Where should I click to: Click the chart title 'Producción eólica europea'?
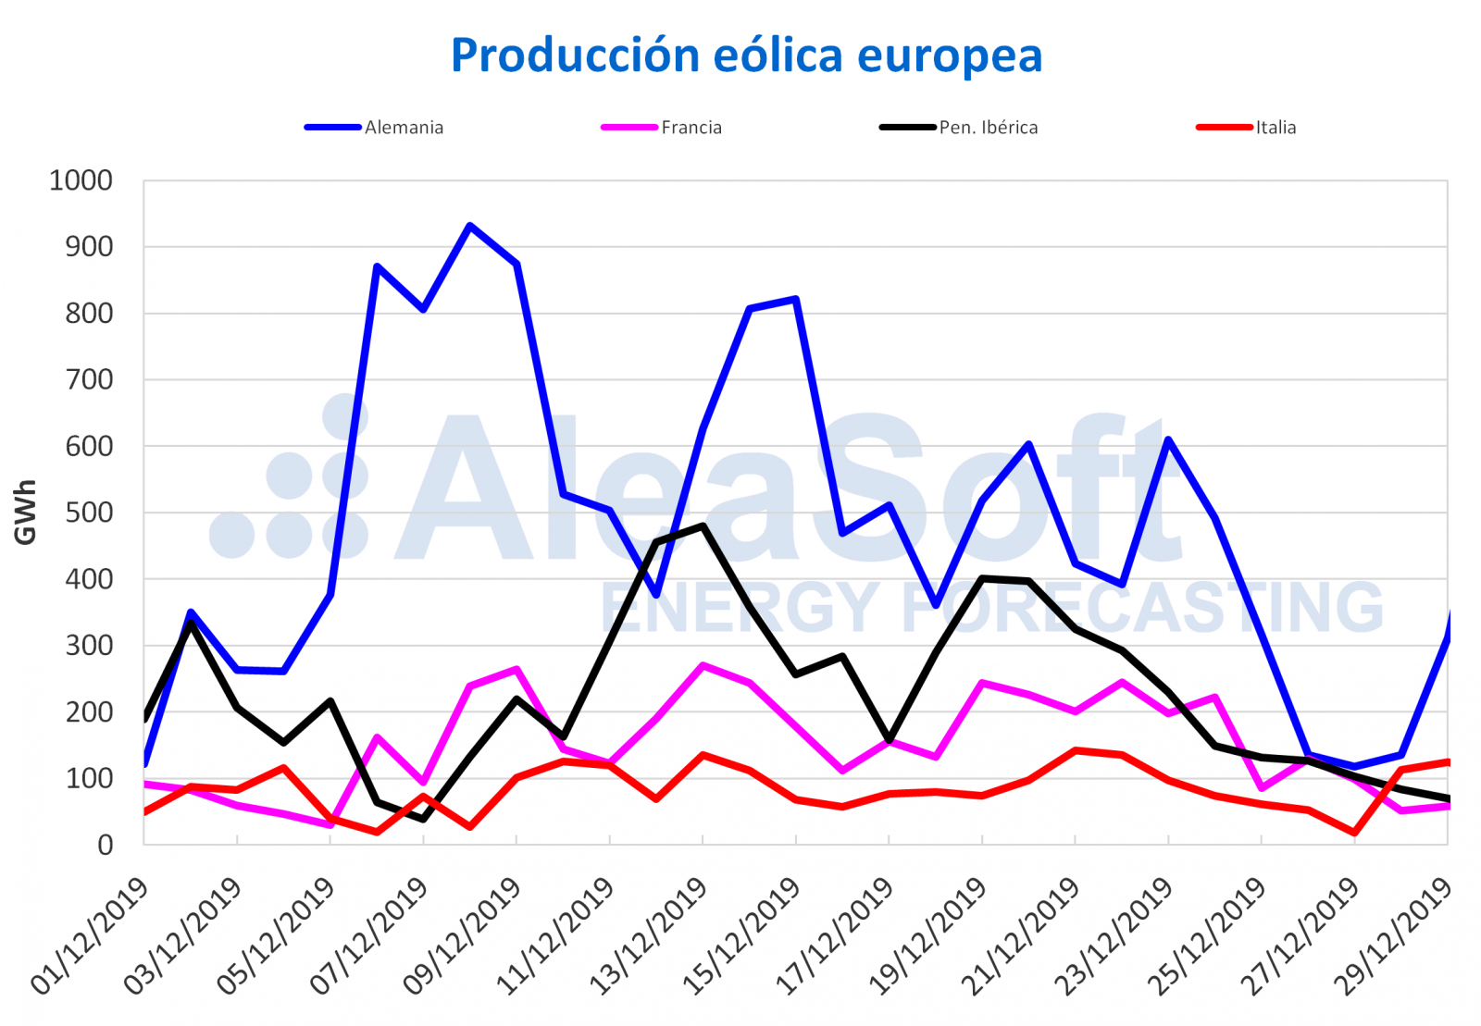click(x=746, y=56)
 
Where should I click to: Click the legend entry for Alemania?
click(x=404, y=128)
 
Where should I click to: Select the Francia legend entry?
click(x=691, y=128)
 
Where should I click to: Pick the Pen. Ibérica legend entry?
click(x=988, y=128)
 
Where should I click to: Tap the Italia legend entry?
click(x=1275, y=128)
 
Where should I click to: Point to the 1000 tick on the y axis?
click(x=81, y=180)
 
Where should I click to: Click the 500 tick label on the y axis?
click(x=90, y=513)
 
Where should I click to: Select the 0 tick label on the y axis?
click(x=106, y=845)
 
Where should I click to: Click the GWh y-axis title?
click(x=25, y=513)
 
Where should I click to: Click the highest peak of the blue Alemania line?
click(x=470, y=226)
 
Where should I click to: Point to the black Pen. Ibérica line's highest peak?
click(x=703, y=526)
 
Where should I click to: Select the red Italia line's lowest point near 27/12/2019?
click(x=1355, y=833)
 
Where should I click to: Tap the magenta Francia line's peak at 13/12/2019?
click(x=703, y=665)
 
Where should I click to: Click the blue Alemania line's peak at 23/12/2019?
click(x=1168, y=439)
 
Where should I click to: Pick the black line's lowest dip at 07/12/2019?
click(x=424, y=819)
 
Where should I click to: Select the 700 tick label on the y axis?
click(x=90, y=379)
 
